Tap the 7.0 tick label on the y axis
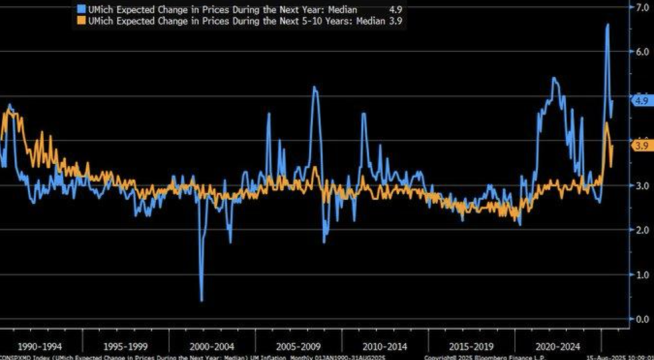pos(639,8)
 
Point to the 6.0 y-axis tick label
pos(639,52)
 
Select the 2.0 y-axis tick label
pos(639,230)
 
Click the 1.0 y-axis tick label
pos(639,274)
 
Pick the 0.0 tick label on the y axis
pos(639,319)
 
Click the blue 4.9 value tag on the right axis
pos(640,100)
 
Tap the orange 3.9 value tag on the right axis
pos(640,146)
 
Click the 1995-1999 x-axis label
pos(127,346)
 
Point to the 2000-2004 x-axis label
pos(213,346)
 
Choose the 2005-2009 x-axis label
pos(298,346)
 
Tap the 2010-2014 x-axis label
pos(384,346)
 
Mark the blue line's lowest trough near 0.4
pos(202,300)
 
